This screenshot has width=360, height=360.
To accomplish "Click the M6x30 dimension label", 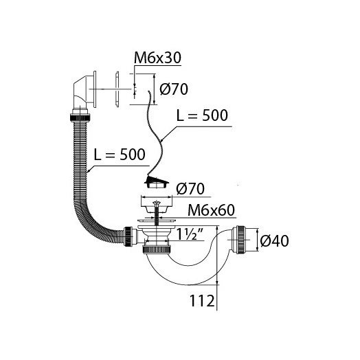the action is pos(157,58).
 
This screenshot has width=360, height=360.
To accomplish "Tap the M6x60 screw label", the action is pos(211,210).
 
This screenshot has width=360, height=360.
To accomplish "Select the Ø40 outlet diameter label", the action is pos(275,241).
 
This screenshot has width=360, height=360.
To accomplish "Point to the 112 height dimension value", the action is pos(202,301).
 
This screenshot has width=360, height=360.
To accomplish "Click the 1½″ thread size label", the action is pos(190,234).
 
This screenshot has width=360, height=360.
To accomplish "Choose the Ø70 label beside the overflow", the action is pos(174,89).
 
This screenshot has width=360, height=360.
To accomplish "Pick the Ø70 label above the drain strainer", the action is pos(190,189).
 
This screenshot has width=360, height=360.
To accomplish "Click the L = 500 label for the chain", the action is pos(202,115).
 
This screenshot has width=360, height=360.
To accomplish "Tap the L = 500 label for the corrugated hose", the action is pos(120,155).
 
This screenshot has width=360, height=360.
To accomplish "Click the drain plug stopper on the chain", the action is pos(157,182).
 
